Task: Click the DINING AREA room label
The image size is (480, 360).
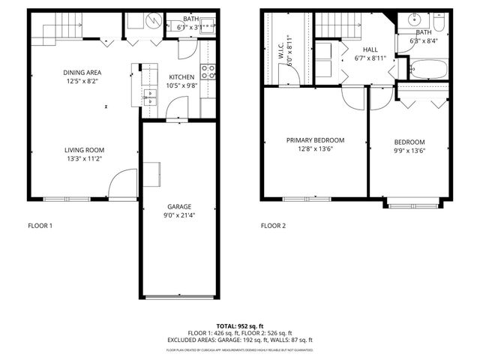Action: tap(83, 72)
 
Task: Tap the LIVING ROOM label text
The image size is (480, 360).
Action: tap(83, 150)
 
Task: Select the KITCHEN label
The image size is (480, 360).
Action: tap(181, 77)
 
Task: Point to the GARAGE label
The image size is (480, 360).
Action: tap(179, 207)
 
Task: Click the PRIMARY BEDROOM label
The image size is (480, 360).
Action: tap(315, 140)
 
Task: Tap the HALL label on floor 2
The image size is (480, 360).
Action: tap(370, 49)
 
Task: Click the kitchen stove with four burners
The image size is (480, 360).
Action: tap(209, 72)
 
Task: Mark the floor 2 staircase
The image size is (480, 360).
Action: tap(334, 25)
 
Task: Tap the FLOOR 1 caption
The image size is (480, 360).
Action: tap(40, 226)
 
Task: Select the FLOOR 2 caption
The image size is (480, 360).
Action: tap(273, 226)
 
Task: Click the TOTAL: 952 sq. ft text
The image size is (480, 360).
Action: tap(240, 326)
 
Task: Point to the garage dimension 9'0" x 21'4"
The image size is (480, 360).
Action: tap(179, 216)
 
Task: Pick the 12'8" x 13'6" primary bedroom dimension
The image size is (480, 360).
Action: tap(315, 149)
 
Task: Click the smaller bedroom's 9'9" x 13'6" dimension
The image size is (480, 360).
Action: tap(409, 151)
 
